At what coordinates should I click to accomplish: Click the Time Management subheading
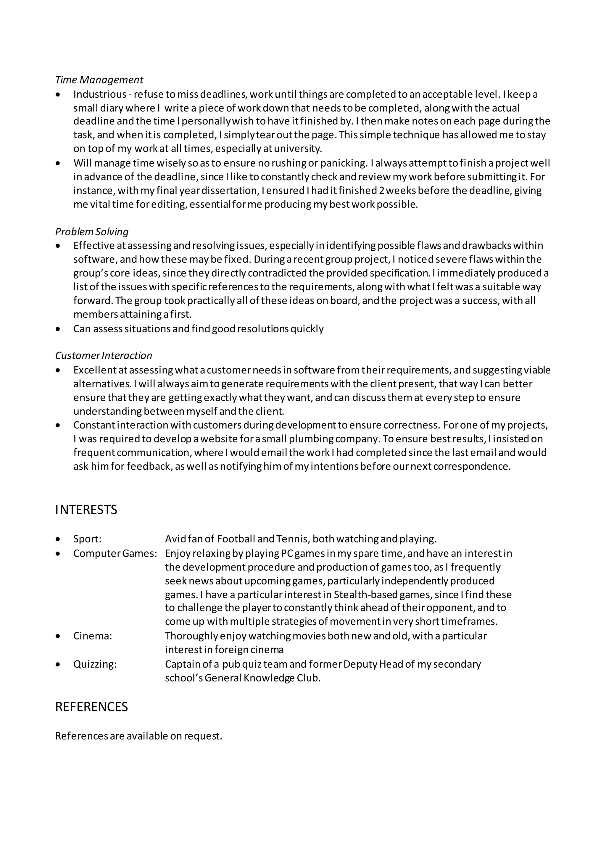[99, 80]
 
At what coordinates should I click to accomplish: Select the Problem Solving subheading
[92, 232]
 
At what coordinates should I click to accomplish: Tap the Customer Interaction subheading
[104, 355]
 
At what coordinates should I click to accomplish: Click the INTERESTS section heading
[86, 510]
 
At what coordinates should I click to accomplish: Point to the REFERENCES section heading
[91, 707]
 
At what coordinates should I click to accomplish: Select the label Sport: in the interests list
[87, 539]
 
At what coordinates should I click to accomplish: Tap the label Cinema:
[93, 636]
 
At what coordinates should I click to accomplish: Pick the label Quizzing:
[95, 664]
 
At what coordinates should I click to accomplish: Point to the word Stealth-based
[366, 594]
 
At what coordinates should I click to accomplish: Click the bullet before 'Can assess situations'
[57, 329]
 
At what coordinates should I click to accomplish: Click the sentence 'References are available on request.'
[139, 736]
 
